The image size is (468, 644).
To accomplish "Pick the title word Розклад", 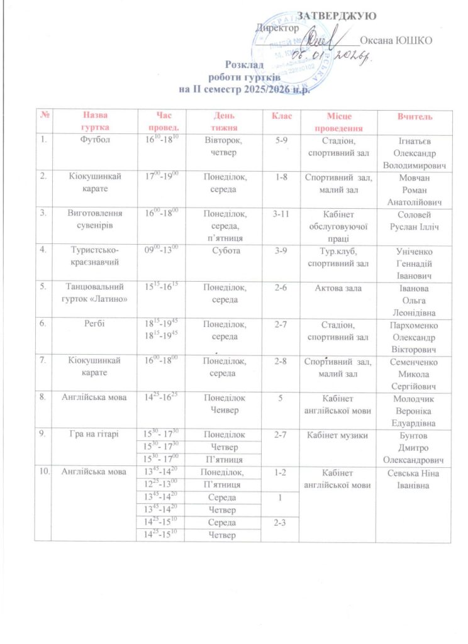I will (x=242, y=64).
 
